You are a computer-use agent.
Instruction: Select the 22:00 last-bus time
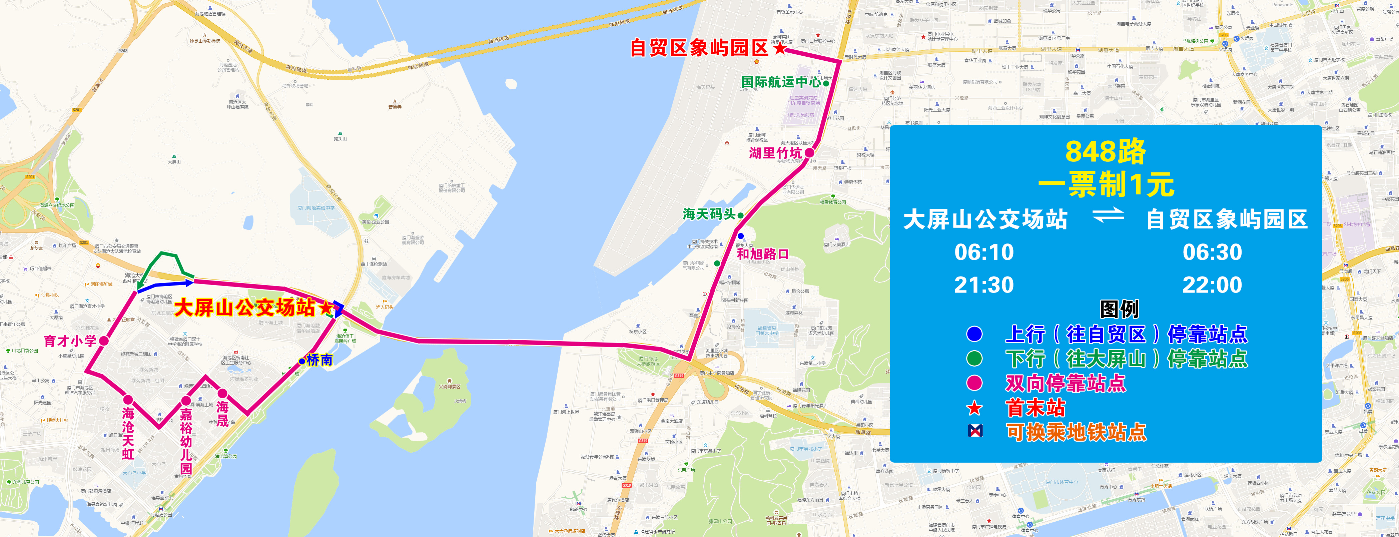point(1212,285)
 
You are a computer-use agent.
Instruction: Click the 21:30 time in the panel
point(984,285)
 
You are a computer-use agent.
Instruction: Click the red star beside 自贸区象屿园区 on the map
point(780,48)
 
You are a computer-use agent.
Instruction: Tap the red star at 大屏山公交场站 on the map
point(326,309)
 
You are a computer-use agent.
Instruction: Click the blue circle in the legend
point(974,334)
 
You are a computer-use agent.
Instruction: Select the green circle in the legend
point(974,358)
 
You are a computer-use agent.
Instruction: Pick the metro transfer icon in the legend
point(975,431)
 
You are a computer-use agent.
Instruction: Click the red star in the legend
point(974,407)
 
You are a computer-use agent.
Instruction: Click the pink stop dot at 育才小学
point(104,341)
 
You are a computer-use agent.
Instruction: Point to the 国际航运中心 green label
point(781,82)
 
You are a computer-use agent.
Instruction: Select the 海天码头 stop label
point(709,214)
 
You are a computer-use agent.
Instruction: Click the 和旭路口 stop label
point(762,253)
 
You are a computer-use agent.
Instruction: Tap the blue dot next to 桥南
point(302,361)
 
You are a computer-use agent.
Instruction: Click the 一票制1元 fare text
point(1106,184)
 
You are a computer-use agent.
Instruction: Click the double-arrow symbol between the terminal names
point(1108,215)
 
